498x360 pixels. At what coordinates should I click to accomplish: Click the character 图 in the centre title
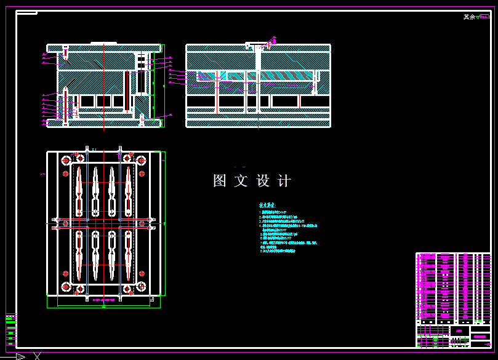point(220,181)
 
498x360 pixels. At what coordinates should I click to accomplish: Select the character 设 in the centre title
point(263,181)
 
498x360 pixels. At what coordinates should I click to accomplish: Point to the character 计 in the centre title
point(284,181)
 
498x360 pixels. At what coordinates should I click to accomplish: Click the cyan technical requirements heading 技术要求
point(268,206)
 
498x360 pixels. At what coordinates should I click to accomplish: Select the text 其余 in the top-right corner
point(469,17)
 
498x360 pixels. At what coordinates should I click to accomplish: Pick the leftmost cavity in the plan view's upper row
point(79,189)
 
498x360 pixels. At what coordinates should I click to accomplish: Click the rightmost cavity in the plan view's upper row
point(128,189)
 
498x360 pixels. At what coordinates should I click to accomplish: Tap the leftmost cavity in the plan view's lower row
point(79,254)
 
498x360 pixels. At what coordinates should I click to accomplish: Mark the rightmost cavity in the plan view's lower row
point(128,254)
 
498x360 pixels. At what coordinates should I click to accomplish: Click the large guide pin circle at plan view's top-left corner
point(65,161)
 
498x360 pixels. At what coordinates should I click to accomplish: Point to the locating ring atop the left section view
point(103,43)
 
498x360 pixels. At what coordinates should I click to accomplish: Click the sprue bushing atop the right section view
point(258,46)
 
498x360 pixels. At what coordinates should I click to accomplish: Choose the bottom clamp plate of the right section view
point(258,123)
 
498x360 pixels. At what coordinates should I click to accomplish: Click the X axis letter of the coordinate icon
point(38,356)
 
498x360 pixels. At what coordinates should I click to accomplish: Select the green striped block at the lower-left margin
point(10,329)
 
